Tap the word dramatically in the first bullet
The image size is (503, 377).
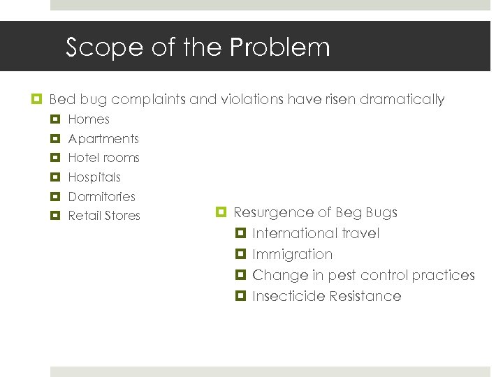[402, 100]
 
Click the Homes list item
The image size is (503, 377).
[89, 119]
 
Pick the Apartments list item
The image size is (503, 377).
[103, 139]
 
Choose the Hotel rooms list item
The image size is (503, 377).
[103, 158]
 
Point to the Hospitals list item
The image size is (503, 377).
[94, 177]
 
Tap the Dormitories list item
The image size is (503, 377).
[101, 197]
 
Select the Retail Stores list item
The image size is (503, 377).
[104, 216]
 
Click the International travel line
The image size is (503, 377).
[316, 233]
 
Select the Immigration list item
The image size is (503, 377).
[292, 254]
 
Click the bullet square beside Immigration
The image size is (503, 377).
[241, 254]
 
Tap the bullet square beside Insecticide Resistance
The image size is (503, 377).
[241, 296]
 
